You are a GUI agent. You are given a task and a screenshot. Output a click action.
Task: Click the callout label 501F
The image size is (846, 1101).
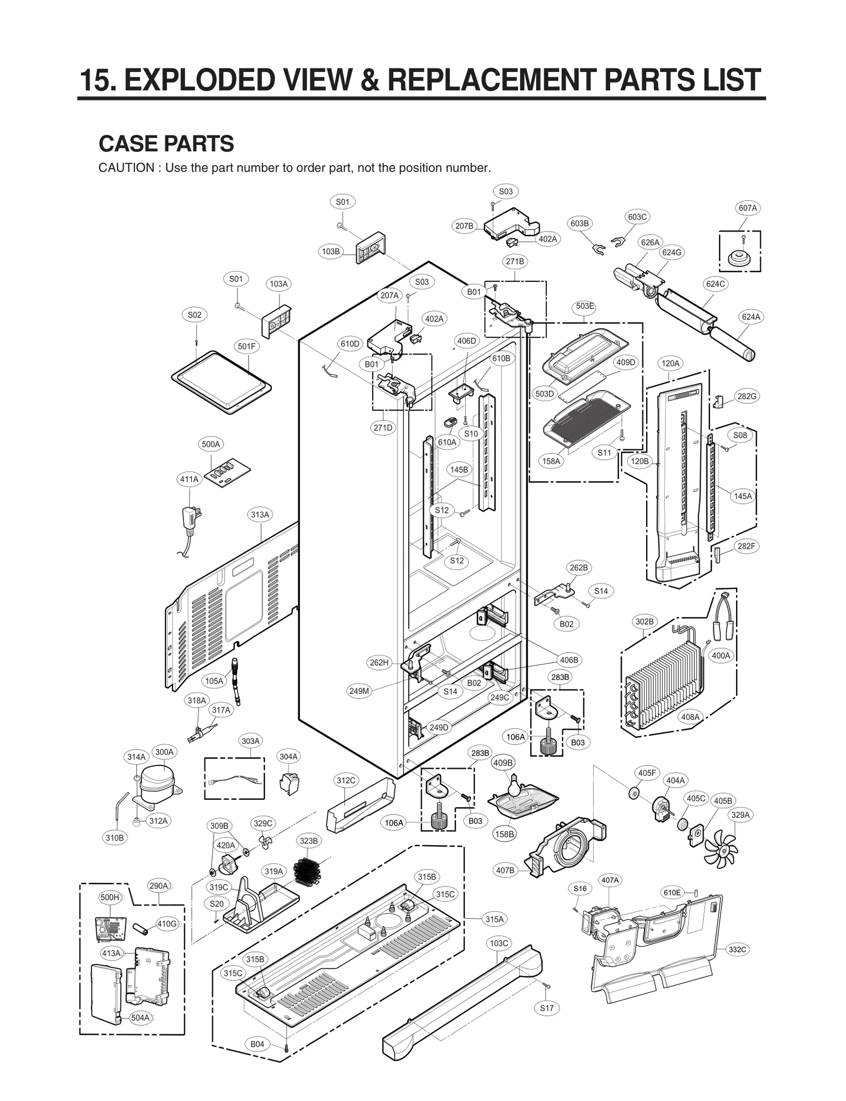[x=246, y=347]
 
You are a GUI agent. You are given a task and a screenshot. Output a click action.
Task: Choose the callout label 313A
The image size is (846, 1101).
[x=260, y=514]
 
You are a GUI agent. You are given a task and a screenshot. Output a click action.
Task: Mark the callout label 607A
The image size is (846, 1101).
[x=748, y=208]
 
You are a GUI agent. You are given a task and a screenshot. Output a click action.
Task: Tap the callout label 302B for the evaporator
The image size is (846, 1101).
[x=645, y=622]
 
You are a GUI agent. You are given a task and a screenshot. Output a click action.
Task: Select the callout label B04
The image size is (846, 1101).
[x=257, y=1044]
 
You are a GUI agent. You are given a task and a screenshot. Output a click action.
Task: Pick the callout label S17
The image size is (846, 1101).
[x=547, y=1008]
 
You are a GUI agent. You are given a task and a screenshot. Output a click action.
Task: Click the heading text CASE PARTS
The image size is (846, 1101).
[x=166, y=143]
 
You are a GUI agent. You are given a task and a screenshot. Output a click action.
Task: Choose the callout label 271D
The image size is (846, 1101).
[x=383, y=428]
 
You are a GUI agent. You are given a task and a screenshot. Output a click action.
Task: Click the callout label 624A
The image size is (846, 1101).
[x=751, y=317]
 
